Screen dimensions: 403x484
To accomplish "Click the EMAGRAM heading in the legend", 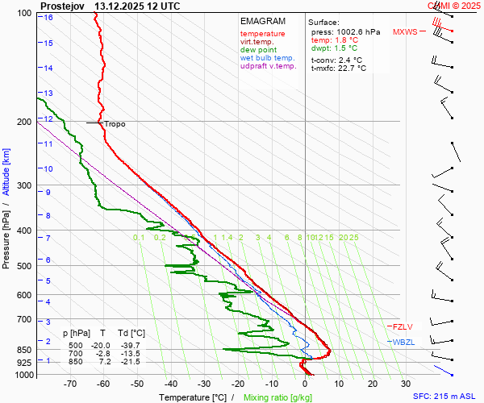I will point(263,21).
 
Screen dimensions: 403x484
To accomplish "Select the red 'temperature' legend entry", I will point(262,34).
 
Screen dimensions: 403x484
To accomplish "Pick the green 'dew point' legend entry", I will point(258,50).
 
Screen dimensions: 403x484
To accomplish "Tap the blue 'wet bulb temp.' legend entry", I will point(268,58).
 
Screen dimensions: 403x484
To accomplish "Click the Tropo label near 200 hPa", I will point(115,124).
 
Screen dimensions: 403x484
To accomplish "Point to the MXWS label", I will point(405,32).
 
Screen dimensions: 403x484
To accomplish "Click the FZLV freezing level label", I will point(402,327).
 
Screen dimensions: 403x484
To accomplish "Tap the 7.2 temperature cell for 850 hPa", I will point(104,362).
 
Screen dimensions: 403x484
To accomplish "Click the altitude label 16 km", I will point(48,17).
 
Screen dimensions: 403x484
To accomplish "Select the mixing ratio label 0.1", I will point(139,238).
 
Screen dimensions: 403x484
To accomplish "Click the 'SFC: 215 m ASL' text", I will point(445,397).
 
